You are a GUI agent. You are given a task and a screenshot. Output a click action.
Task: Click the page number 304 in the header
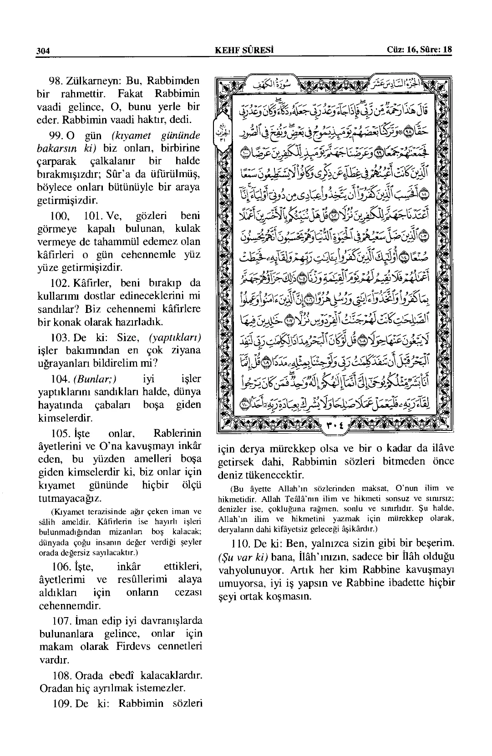pyautogui.click(x=43, y=51)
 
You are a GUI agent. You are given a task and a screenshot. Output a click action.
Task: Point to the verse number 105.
pyautogui.click(x=57, y=432)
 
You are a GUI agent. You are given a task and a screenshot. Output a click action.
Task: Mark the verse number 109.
pyautogui.click(x=57, y=703)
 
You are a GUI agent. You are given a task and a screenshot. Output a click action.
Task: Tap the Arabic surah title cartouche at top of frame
pyautogui.click(x=301, y=83)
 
